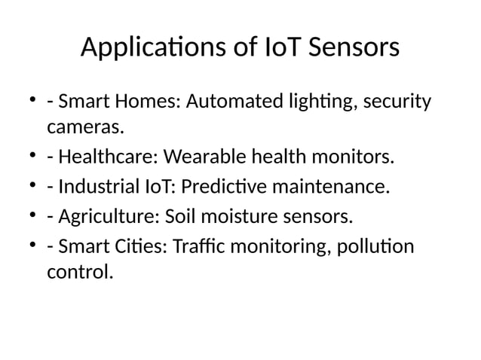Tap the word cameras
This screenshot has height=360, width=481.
84,128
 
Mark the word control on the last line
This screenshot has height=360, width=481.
79,272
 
